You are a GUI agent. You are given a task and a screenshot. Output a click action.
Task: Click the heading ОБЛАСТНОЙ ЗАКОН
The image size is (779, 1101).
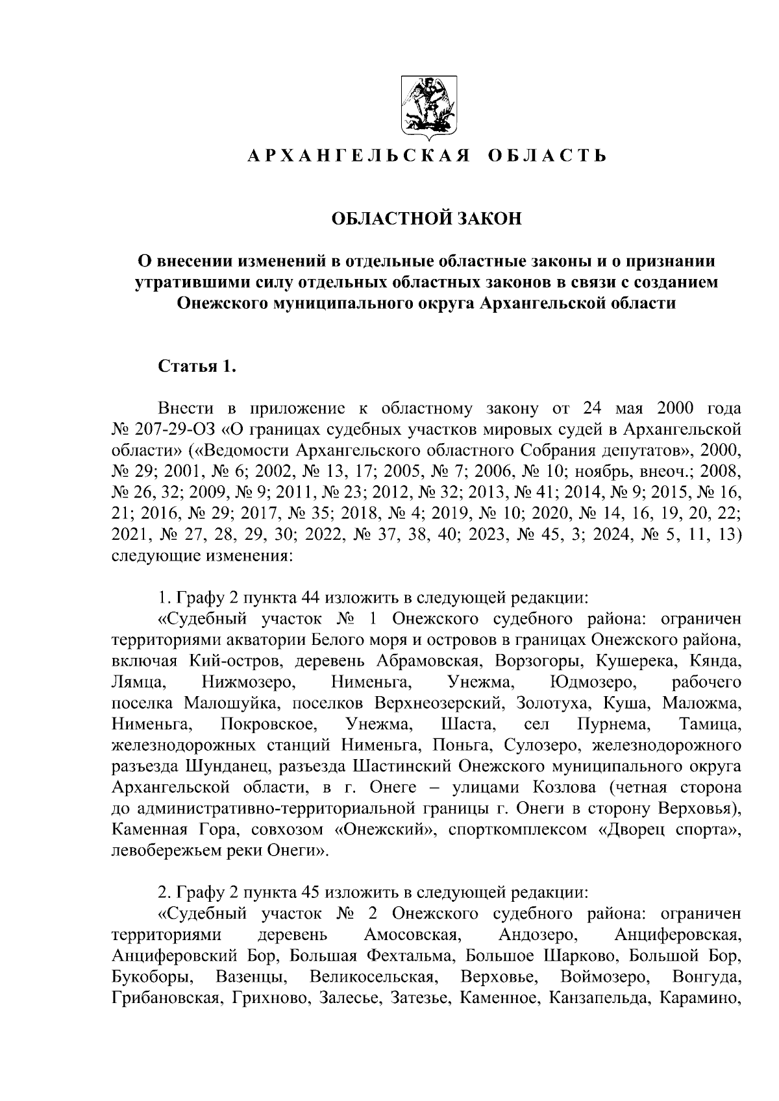tap(427, 219)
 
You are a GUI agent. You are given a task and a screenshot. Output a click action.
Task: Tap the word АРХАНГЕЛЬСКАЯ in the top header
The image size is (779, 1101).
tap(359, 156)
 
